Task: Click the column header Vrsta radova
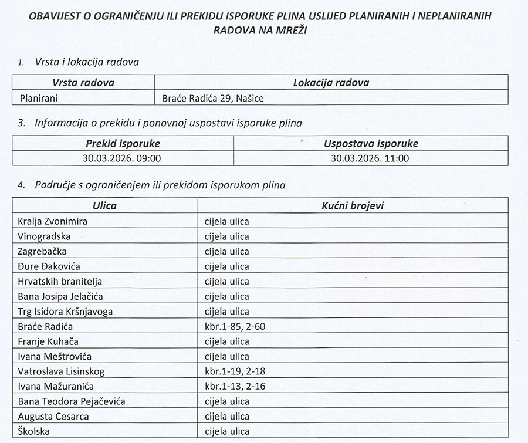tap(83, 83)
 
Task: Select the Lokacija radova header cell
tap(331, 83)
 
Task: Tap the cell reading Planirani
tap(39, 98)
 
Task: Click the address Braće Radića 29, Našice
tap(213, 98)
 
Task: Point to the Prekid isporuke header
tap(123, 143)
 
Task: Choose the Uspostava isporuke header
tap(371, 143)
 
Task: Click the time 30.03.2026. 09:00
tap(122, 158)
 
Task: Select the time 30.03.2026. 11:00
tap(370, 158)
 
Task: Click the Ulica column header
tap(104, 205)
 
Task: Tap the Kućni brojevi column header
tap(353, 205)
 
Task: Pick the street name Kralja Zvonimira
tap(52, 221)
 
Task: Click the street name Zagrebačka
tap(42, 251)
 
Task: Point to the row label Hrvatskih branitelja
tap(60, 281)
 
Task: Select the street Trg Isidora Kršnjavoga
tap(65, 312)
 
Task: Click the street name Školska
tap(34, 431)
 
